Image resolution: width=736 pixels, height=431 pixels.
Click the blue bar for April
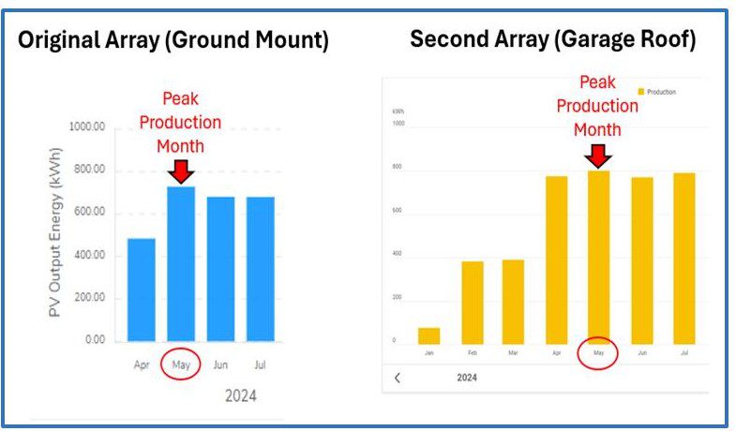142,290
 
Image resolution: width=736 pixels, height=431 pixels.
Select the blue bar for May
181,263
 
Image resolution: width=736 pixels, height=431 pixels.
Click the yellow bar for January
428,335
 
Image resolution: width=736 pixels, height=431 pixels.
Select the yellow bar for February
472,303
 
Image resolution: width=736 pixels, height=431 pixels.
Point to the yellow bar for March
513,302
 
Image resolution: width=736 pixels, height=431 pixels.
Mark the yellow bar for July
683,259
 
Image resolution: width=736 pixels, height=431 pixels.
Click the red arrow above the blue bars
182,171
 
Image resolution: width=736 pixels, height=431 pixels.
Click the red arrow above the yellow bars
597,155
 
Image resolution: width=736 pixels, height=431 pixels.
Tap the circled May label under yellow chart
598,354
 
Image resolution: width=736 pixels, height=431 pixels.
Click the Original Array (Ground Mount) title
173,41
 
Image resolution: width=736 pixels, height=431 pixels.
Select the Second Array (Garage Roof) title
553,40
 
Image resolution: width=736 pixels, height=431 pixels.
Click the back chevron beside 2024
397,378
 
